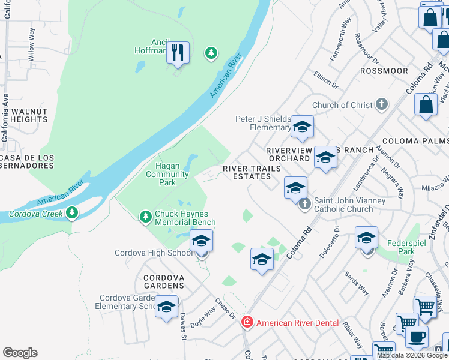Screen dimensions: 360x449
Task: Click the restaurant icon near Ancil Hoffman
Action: click(x=177, y=52)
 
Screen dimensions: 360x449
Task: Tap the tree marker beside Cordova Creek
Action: click(x=72, y=212)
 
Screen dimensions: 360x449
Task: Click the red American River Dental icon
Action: click(x=247, y=323)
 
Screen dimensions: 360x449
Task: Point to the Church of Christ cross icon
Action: click(x=381, y=105)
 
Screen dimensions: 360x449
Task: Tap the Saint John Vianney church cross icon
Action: click(x=304, y=204)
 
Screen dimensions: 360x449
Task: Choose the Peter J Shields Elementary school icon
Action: click(x=303, y=126)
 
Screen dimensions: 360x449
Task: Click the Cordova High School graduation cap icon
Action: click(x=202, y=241)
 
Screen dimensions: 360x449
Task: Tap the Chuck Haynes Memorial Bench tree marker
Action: click(x=145, y=216)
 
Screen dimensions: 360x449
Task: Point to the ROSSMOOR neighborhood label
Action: click(x=384, y=71)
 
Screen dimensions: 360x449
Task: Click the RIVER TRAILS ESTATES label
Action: click(x=252, y=172)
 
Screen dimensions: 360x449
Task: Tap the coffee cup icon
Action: click(x=417, y=336)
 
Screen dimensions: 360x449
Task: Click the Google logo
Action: click(x=20, y=353)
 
